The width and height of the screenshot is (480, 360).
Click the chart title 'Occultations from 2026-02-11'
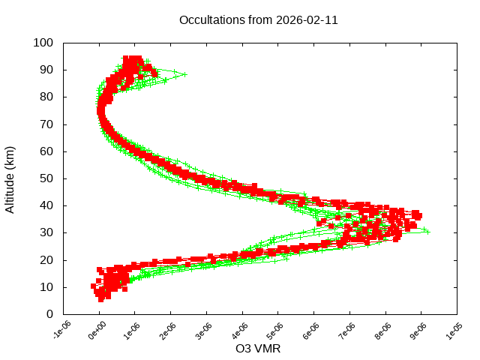(258, 20)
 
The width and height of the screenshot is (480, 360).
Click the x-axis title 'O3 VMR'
(258, 349)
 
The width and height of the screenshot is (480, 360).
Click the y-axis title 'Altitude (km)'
(10, 178)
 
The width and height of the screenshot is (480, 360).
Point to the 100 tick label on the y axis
(43, 43)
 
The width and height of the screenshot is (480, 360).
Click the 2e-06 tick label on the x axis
(169, 331)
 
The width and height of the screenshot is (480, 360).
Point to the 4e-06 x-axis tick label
(241, 331)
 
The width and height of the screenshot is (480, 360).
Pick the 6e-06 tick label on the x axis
(313, 331)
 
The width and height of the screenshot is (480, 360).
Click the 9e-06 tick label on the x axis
(420, 331)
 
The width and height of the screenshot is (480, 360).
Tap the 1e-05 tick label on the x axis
(456, 331)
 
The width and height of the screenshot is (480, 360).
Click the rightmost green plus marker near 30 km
(427, 232)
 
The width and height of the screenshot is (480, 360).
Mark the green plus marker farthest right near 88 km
(184, 74)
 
